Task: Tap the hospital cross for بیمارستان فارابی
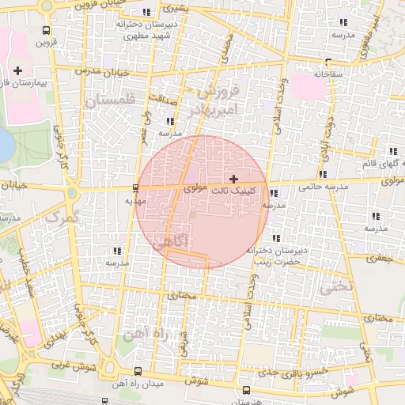[17, 71]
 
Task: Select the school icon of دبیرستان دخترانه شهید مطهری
[147, 12]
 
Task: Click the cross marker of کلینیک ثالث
[233, 180]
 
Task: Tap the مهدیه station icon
[136, 188]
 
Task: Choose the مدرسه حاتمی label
[323, 187]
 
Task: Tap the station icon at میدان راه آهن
[138, 371]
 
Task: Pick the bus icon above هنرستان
[248, 390]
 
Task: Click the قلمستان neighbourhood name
[111, 100]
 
